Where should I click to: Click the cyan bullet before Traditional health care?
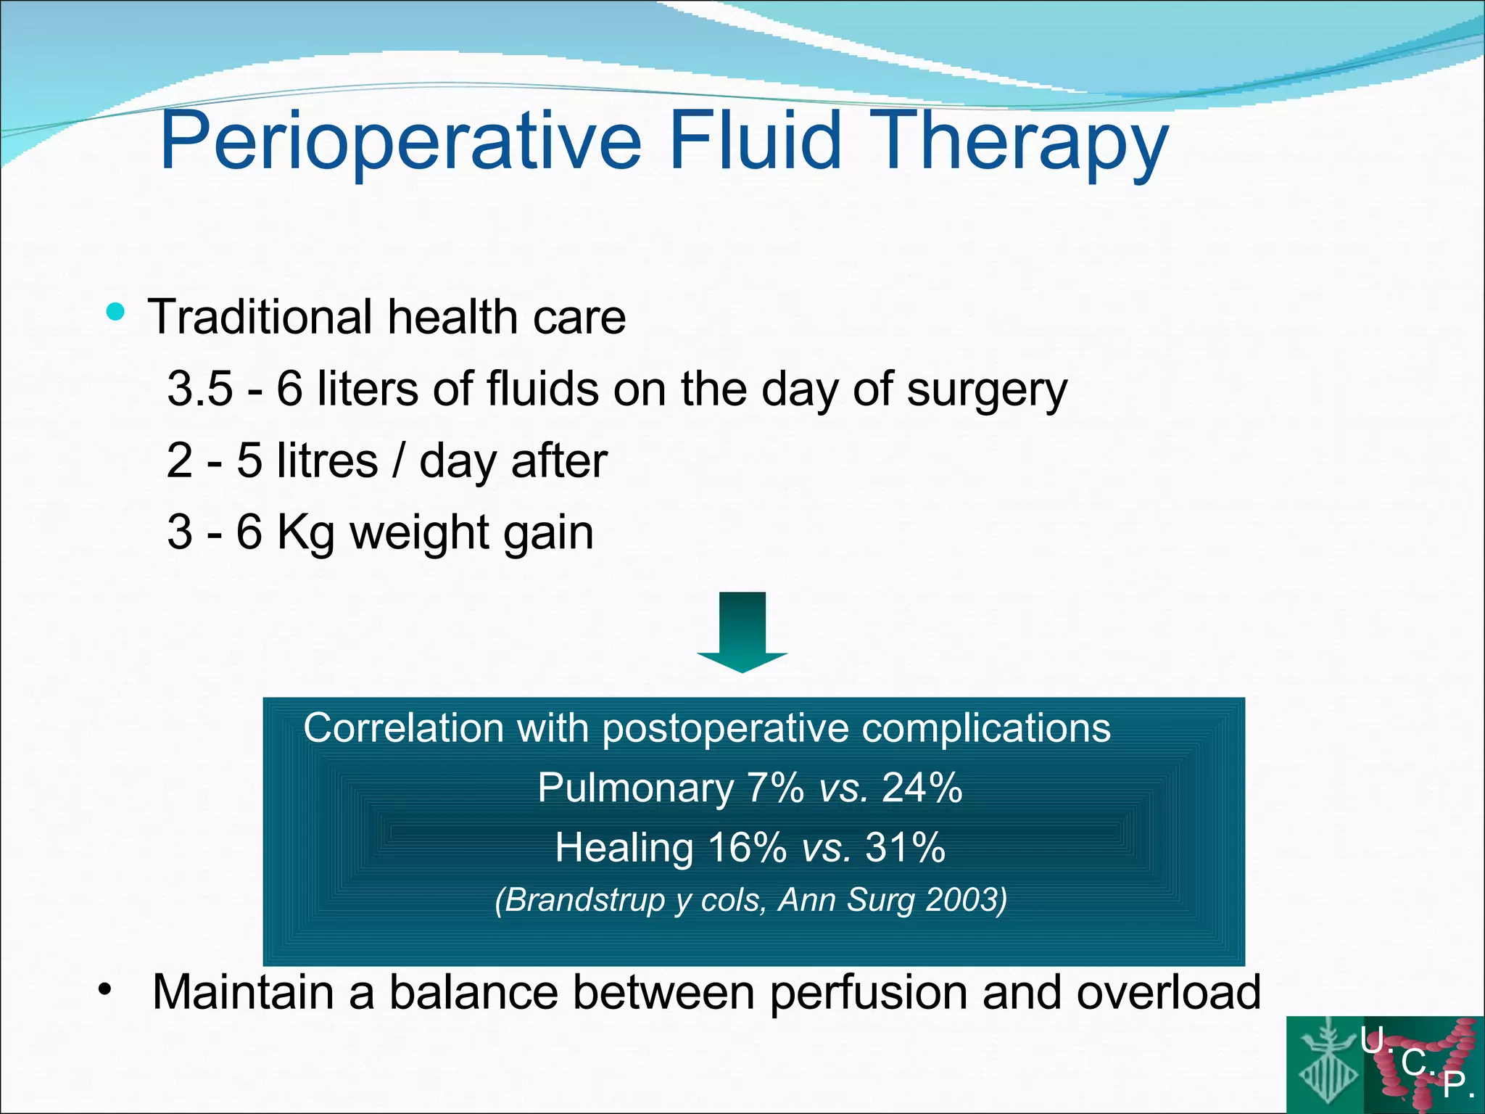(115, 312)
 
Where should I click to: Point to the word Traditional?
(260, 317)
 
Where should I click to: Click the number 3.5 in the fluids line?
(200, 389)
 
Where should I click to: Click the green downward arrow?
(742, 631)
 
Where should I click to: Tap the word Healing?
(624, 848)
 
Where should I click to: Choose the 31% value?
(906, 847)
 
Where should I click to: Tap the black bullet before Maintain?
(105, 989)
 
